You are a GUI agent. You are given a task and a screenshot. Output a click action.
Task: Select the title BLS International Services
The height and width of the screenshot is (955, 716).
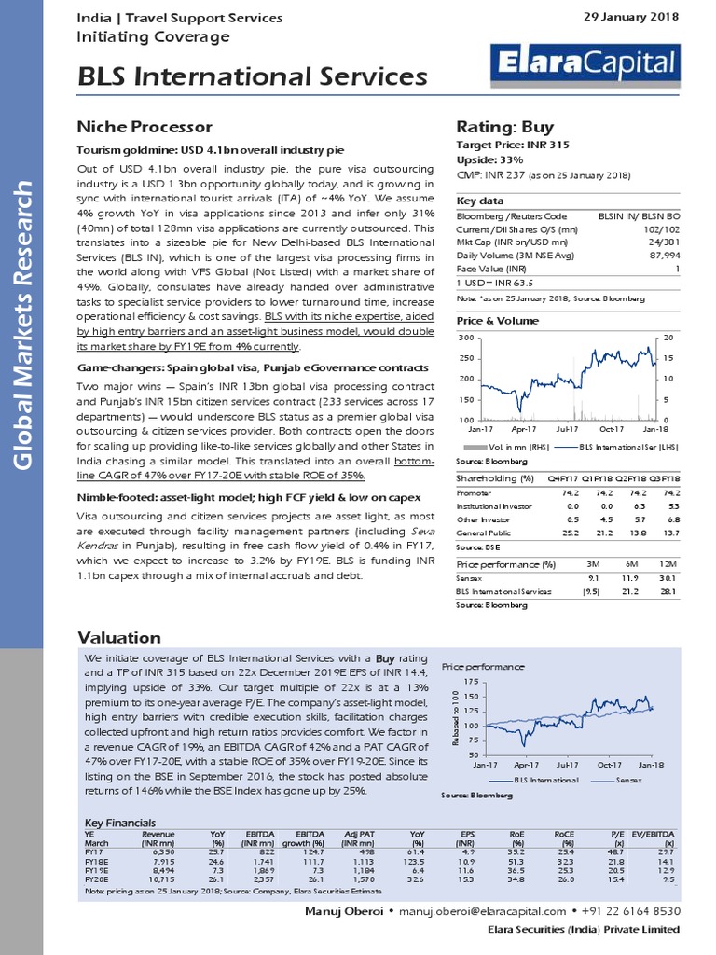[x=252, y=76]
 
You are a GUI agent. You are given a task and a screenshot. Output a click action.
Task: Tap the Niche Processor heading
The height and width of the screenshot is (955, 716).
[x=144, y=127]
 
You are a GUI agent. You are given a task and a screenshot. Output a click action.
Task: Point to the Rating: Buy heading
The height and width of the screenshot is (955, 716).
[x=504, y=127]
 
